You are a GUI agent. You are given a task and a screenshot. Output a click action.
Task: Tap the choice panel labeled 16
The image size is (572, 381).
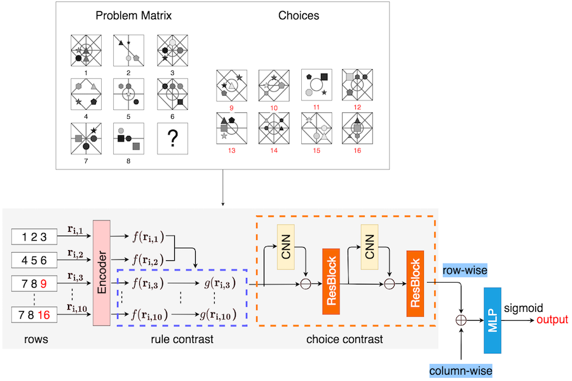pyautogui.click(x=357, y=128)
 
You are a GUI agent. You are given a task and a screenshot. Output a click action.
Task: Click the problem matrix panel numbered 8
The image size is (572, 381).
pyautogui.click(x=128, y=136)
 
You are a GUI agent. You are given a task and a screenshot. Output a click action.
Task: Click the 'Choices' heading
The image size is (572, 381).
pyautogui.click(x=298, y=15)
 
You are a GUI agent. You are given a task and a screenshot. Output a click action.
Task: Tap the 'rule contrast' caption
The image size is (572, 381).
pyautogui.click(x=182, y=340)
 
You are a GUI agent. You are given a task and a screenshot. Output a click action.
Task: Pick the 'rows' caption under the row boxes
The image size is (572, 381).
pyautogui.click(x=35, y=340)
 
